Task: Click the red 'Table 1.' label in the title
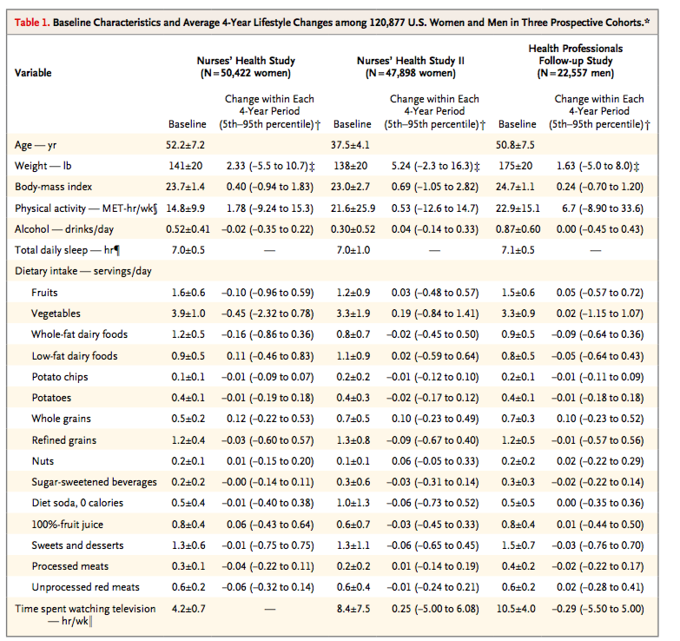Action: pos(32,23)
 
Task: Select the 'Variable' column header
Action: pos(33,73)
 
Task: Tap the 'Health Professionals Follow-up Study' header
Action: pos(576,61)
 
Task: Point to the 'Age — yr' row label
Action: pos(36,145)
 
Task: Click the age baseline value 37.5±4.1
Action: pos(350,145)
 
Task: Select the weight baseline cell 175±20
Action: pos(515,166)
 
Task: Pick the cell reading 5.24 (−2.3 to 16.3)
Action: pos(435,166)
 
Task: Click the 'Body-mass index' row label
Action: pos(53,187)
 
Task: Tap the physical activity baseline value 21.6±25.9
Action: pos(353,208)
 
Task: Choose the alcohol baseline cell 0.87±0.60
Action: pos(518,229)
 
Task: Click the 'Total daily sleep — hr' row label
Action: pos(67,250)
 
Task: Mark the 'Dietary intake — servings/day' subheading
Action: pos(83,272)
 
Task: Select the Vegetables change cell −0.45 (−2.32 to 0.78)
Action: pos(267,314)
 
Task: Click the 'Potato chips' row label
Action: pos(60,377)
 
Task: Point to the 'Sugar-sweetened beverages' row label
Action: pos(94,482)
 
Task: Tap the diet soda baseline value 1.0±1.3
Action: pos(353,503)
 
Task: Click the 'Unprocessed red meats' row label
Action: pos(85,587)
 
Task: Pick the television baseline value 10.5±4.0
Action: pos(516,609)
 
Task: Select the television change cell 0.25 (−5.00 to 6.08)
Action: pos(435,609)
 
